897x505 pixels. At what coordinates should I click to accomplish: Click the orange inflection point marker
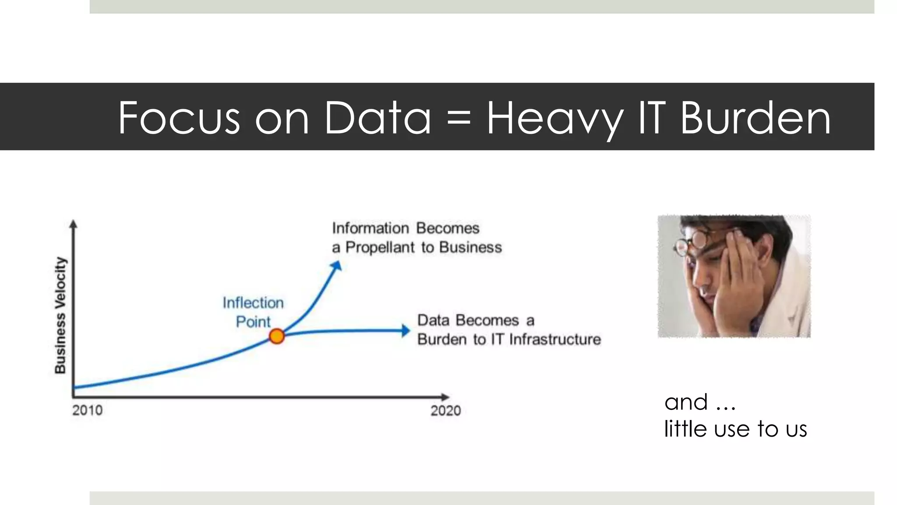(x=277, y=336)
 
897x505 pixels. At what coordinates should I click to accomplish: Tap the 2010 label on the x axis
(x=87, y=410)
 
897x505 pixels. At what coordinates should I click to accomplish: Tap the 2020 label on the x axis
(x=445, y=411)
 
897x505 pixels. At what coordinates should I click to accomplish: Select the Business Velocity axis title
(x=60, y=315)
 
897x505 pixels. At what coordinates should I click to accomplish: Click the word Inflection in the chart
(x=253, y=303)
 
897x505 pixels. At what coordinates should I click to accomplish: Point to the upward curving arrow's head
(x=336, y=266)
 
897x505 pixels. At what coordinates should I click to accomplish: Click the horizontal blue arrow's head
(x=406, y=331)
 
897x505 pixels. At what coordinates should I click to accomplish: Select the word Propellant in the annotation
(x=380, y=248)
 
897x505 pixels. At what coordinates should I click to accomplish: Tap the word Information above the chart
(x=370, y=228)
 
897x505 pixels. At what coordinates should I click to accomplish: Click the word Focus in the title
(x=179, y=118)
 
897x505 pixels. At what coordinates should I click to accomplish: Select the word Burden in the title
(x=755, y=118)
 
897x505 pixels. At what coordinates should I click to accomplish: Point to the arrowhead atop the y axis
(x=74, y=224)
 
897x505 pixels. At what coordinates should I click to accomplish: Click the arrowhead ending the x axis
(x=445, y=397)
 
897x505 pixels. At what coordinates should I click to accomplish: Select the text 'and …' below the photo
(x=699, y=402)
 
